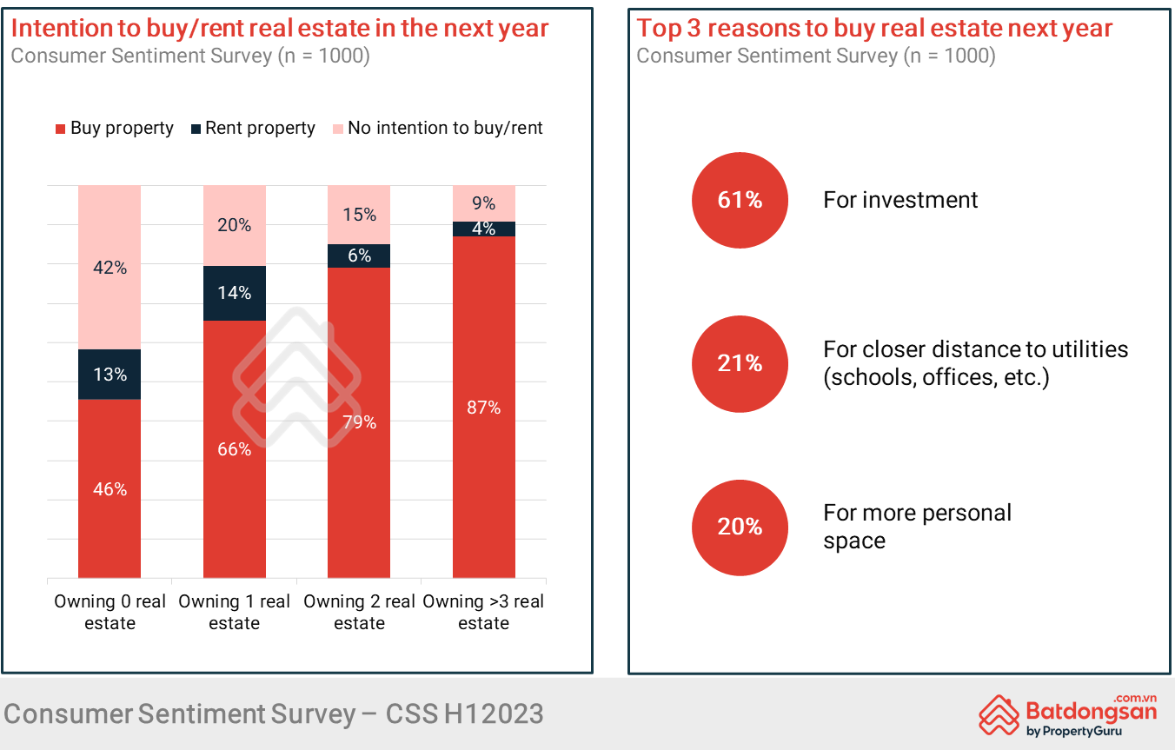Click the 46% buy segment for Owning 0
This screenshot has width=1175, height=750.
110,488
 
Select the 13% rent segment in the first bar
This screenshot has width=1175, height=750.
110,375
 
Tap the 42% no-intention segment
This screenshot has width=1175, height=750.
110,268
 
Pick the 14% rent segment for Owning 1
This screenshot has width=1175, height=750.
235,293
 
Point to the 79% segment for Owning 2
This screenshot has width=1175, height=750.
359,422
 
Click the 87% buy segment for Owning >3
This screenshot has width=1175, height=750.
484,407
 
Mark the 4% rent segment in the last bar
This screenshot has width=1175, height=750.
484,229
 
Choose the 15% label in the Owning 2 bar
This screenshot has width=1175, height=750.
359,214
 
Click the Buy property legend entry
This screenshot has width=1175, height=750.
114,129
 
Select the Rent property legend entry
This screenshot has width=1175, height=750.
251,129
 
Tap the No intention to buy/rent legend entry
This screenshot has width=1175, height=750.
437,129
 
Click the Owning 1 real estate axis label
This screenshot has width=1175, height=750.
235,612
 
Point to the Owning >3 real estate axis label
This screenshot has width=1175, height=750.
484,612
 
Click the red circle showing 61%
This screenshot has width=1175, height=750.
740,200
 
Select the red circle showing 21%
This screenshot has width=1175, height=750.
740,363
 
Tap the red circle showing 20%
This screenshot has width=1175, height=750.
740,527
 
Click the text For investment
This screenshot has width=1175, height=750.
900,200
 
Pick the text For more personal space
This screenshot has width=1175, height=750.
917,526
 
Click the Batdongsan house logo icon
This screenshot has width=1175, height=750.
999,715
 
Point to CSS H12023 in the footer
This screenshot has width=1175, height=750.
465,714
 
